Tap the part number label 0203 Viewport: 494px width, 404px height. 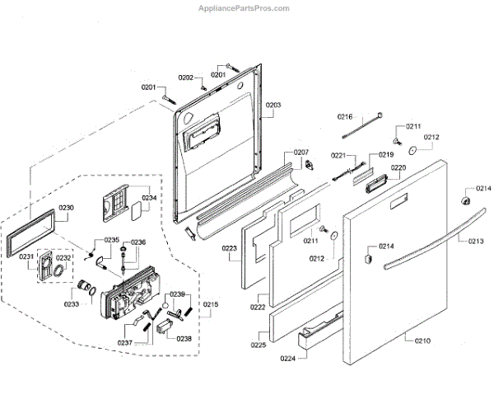[x=273, y=105]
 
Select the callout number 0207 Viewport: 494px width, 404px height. [x=301, y=153]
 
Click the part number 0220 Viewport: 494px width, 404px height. [x=398, y=167]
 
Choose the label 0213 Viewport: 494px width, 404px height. [x=476, y=241]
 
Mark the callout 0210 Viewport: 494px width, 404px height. [x=422, y=341]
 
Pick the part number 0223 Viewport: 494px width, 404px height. [x=229, y=247]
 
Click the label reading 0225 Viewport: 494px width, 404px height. [x=259, y=345]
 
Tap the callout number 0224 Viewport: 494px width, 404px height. [x=287, y=359]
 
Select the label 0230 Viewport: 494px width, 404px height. [x=66, y=207]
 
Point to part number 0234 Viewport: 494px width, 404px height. [x=148, y=198]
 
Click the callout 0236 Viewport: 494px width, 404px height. [x=137, y=242]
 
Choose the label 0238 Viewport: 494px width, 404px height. [x=184, y=338]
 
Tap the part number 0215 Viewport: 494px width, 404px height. [x=211, y=305]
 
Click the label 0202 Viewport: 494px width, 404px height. [x=187, y=78]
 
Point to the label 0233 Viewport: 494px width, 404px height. [x=71, y=304]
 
